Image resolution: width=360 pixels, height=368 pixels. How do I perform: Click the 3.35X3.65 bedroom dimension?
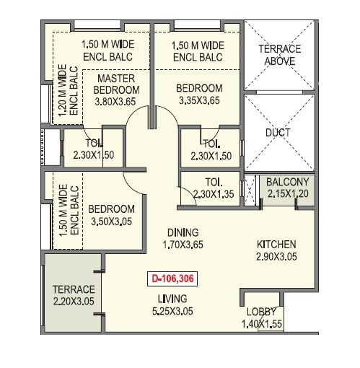(198, 102)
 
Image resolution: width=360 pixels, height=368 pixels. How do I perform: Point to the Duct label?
(278, 133)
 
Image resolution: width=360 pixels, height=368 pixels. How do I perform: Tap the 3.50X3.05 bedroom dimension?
(113, 222)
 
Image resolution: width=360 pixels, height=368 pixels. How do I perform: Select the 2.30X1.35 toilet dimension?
(213, 193)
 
